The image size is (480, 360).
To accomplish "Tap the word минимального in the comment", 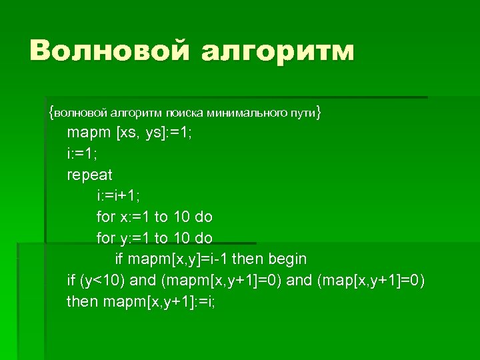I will (247, 113).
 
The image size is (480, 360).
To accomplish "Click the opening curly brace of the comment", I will (51, 113).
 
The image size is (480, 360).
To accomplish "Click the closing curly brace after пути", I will (319, 113).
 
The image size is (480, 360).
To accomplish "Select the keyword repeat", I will (89, 175).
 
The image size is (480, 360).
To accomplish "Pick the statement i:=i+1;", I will (118, 196).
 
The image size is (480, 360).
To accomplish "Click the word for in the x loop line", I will (105, 217).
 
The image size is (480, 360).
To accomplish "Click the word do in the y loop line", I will (203, 238).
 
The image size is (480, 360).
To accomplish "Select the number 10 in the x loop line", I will (181, 217).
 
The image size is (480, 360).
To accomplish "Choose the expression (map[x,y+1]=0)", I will (370, 280).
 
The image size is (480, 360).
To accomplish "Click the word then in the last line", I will (82, 301).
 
